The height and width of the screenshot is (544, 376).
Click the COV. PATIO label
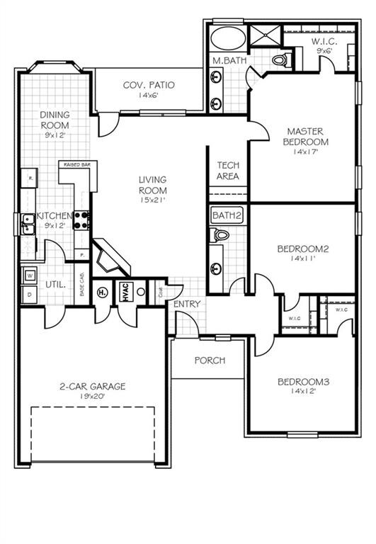coord(149,86)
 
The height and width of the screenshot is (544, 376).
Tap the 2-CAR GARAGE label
coord(92,386)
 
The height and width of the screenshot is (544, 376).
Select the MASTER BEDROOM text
coord(306,136)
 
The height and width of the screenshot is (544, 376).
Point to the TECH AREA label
coord(228,171)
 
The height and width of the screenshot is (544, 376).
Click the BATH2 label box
coord(227,215)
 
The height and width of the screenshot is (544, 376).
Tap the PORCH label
coord(210,361)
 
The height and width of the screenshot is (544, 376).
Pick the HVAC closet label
coord(123,292)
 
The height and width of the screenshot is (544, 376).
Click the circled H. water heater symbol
coord(102,292)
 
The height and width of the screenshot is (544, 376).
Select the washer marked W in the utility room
coord(31,275)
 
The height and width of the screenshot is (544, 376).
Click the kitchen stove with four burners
coord(82,219)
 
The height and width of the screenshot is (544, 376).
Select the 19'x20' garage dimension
coord(92,397)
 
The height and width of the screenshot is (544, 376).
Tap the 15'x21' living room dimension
coord(152,200)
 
